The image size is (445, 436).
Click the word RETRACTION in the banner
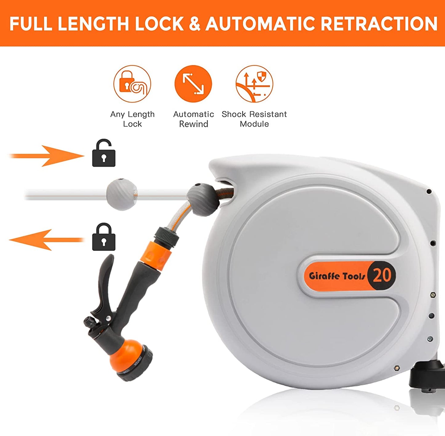tap(379, 24)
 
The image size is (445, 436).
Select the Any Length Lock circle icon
tap(132, 84)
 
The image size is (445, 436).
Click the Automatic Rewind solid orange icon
tap(193, 84)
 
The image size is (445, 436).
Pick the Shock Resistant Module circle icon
tap(254, 84)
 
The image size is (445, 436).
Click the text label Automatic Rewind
tap(193, 119)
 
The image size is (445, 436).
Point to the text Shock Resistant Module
tap(254, 119)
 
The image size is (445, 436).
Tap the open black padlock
tap(104, 153)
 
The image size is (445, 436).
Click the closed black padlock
tap(104, 237)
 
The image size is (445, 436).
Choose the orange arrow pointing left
tap(46, 240)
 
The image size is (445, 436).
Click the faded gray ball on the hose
tap(122, 194)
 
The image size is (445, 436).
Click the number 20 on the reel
tap(382, 276)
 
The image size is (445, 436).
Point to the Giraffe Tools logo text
tap(337, 276)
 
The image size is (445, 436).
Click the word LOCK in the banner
tap(159, 24)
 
